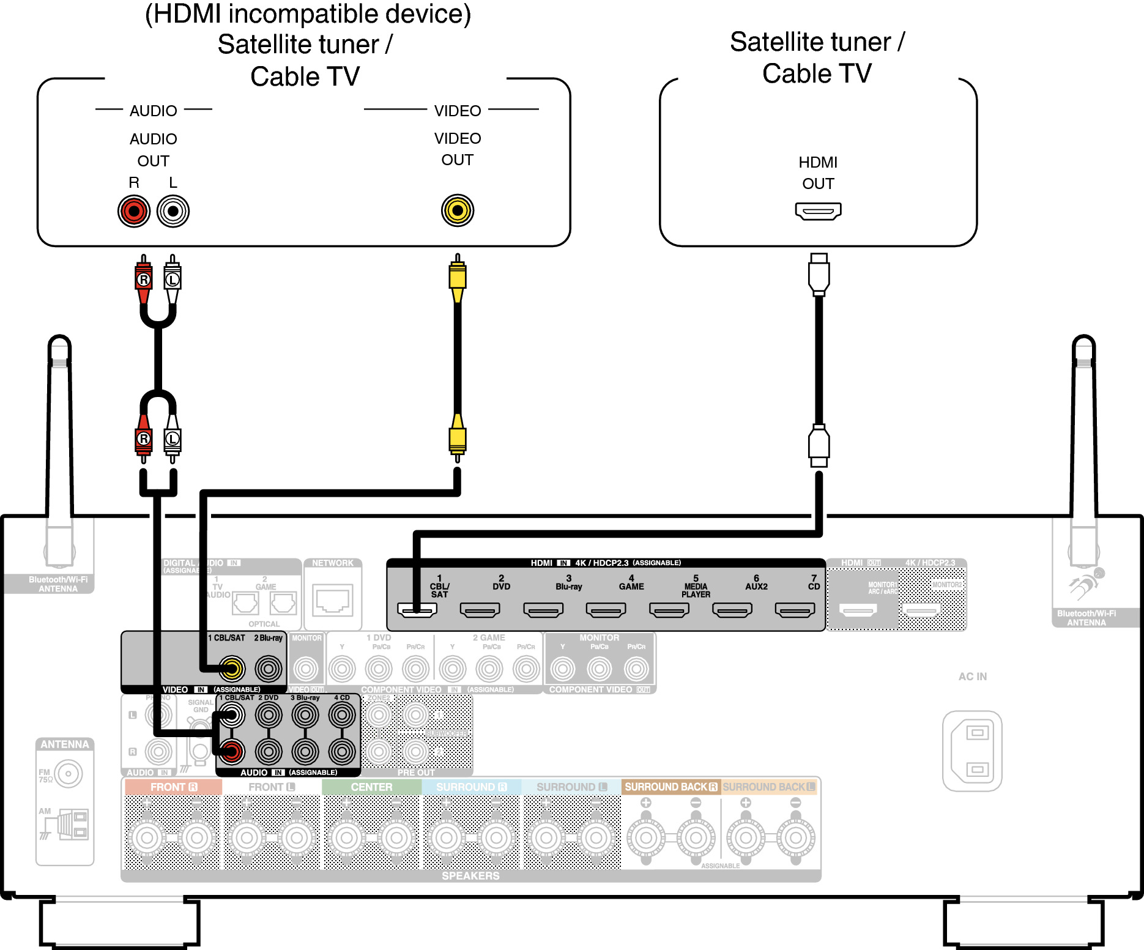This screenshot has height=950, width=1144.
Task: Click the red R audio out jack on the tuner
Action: click(x=134, y=211)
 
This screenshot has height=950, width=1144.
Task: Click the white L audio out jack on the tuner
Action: click(x=173, y=211)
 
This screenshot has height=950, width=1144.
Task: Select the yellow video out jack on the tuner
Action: click(x=458, y=210)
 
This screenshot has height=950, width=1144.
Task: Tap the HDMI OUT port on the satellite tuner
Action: click(x=818, y=211)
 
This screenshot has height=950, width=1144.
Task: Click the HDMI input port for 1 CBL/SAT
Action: click(x=417, y=609)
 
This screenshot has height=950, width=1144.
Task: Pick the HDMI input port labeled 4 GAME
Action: click(x=606, y=609)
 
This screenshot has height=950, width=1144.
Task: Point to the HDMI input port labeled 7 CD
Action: click(x=795, y=609)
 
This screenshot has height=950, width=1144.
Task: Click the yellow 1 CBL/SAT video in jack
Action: click(x=232, y=669)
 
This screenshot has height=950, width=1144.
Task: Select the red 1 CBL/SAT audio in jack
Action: click(x=232, y=751)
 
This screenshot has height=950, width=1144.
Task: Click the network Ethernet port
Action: click(x=333, y=599)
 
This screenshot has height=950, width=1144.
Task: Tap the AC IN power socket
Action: click(x=972, y=751)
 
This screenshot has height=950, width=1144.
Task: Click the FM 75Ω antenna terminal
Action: click(x=69, y=774)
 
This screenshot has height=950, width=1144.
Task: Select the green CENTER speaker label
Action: click(x=371, y=787)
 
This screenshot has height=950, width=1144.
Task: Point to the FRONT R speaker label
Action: click(x=174, y=787)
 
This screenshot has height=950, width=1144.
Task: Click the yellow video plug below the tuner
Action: click(x=458, y=277)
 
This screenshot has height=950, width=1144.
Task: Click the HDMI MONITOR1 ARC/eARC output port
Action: click(x=858, y=609)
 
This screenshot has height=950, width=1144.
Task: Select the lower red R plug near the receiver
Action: click(x=144, y=439)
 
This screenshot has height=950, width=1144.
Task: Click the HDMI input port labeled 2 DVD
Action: click(x=480, y=609)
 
